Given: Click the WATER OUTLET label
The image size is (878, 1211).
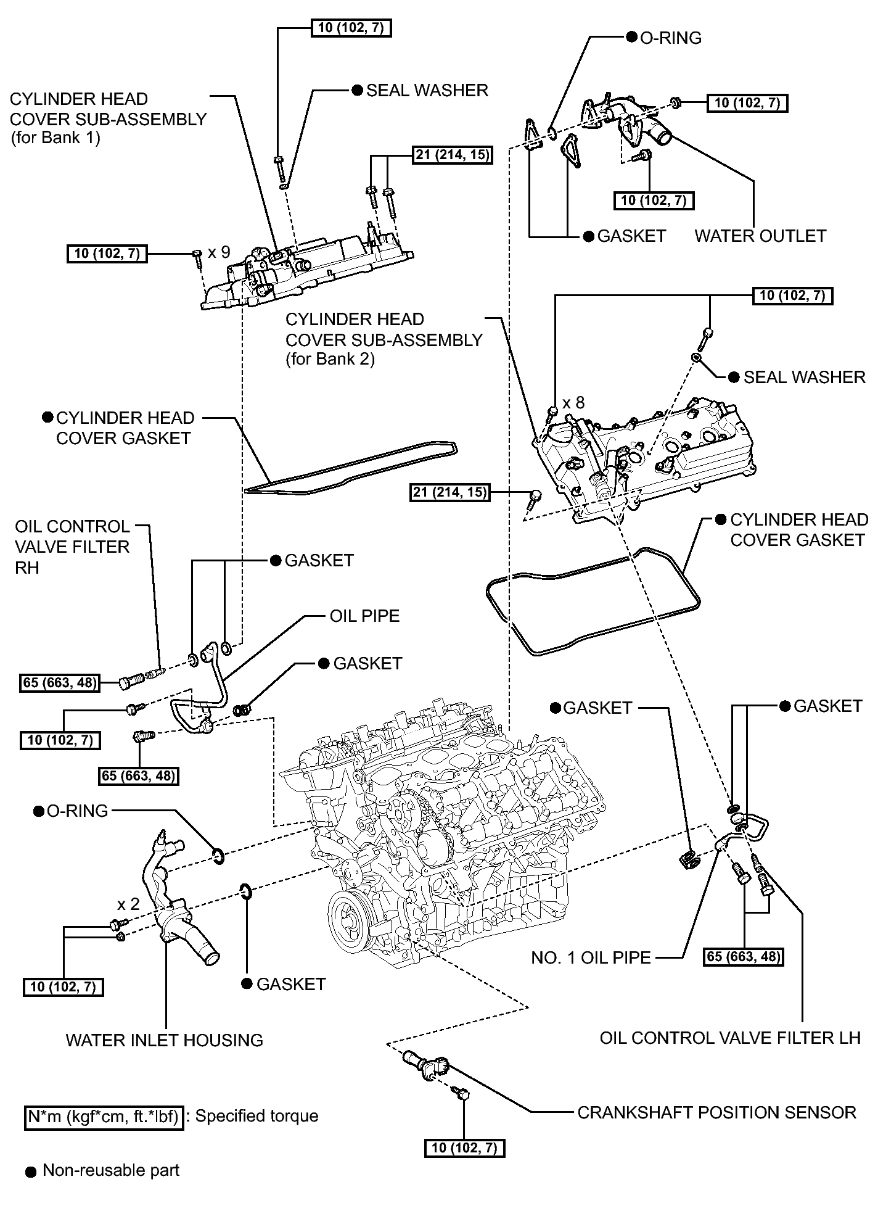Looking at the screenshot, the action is [760, 236].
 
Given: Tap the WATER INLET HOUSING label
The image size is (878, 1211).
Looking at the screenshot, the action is [165, 1040].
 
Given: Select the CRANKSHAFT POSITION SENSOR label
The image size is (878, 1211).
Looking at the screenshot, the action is [716, 1112].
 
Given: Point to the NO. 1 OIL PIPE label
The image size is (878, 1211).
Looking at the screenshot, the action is [591, 957].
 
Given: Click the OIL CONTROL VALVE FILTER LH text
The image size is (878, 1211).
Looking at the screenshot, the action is [730, 1038].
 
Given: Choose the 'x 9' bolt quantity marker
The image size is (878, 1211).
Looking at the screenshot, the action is [219, 252].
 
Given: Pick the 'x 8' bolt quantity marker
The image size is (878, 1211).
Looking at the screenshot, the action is [572, 402].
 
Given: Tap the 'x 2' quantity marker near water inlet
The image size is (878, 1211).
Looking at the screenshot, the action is [128, 904].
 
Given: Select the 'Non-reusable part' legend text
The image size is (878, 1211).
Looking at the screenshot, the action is [111, 1170].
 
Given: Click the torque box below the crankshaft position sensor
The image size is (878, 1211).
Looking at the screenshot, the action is [464, 1147].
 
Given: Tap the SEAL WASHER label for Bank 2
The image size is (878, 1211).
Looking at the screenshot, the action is [805, 377].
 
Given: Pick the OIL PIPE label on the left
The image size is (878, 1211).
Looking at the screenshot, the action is [365, 616].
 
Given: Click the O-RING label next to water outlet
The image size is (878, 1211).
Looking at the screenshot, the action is [671, 38].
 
